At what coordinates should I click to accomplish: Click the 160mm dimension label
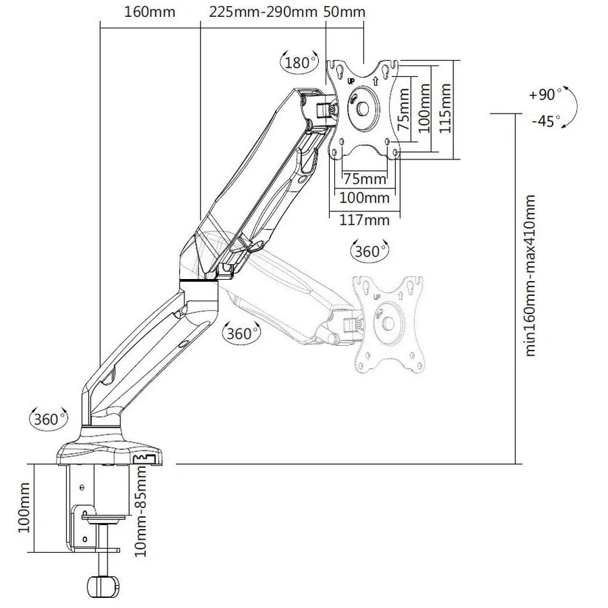coord(150,11)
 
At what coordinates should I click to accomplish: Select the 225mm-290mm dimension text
coord(263,11)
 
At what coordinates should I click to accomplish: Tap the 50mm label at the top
coord(345,11)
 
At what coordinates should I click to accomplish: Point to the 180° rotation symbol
coord(299,62)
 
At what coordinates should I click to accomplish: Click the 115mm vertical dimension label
coord(445,108)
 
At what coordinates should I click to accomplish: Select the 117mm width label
coord(365,220)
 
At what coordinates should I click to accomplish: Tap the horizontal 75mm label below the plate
coord(365,179)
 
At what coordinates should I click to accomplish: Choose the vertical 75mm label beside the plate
coord(404,109)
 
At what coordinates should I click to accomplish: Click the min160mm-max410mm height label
coord(530,276)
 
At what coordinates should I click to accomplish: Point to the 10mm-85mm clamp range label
coord(141,511)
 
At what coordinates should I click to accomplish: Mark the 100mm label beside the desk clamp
coord(24,507)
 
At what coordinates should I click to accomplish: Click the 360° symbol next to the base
coord(49,419)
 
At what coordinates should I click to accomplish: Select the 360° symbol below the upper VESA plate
coord(369,251)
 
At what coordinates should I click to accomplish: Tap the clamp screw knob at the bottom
coord(103,587)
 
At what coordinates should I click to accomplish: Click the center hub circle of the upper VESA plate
coord(363,109)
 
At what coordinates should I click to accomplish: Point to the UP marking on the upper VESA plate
coord(351,82)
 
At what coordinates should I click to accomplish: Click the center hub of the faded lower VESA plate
coord(388,323)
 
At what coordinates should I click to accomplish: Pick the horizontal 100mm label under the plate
coord(365,198)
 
